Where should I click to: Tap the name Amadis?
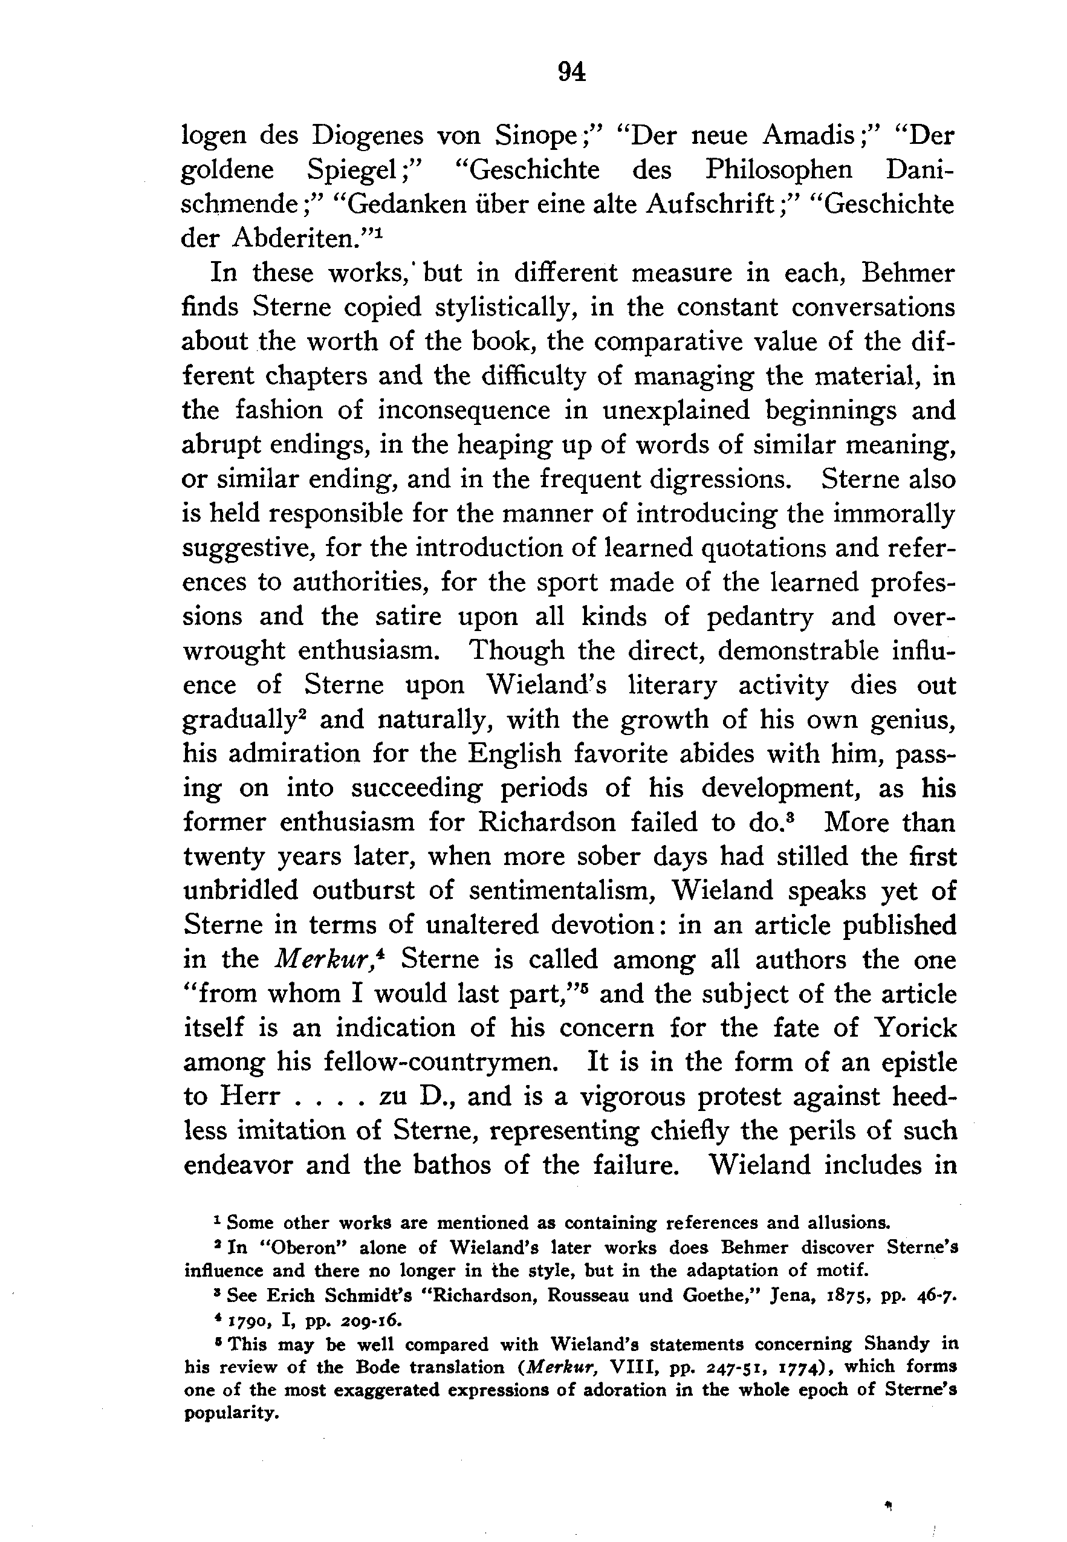810,135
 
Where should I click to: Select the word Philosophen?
779,170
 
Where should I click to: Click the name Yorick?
915,1028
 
